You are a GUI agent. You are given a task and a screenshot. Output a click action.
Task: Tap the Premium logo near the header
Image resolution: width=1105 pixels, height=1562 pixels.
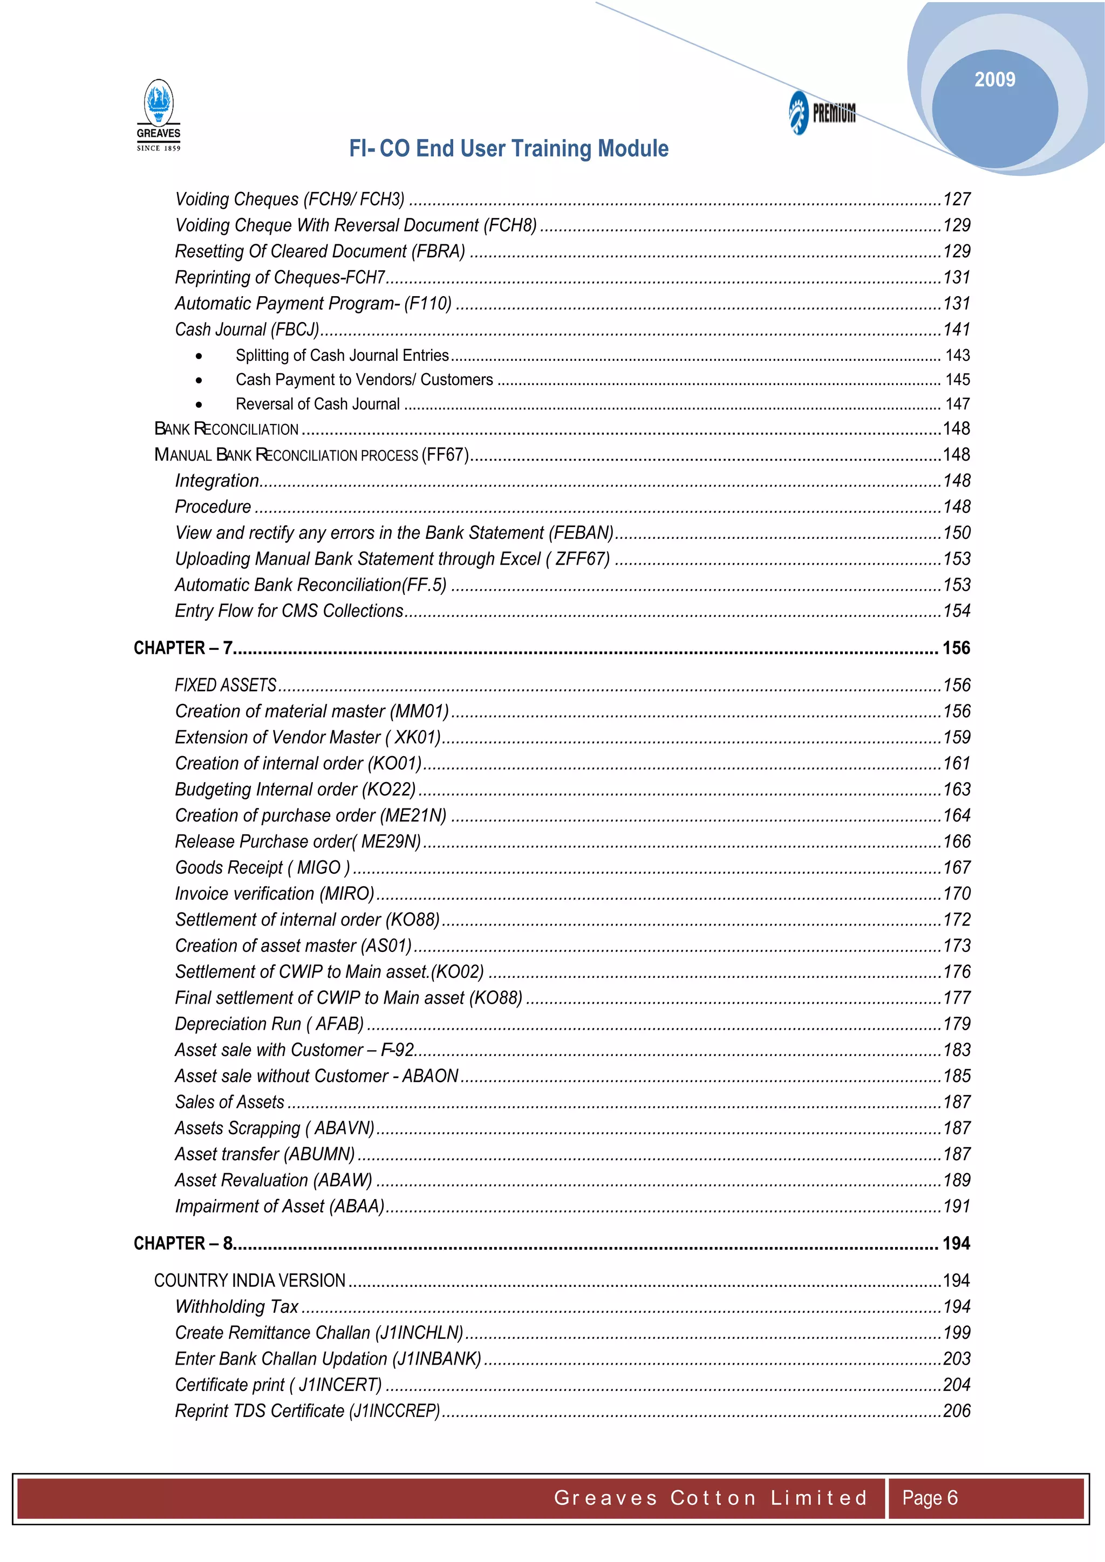point(822,112)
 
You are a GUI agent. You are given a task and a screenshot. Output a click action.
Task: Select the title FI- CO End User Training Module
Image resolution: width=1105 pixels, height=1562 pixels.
point(508,148)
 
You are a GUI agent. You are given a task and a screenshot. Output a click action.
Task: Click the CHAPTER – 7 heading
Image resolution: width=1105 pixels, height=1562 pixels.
point(183,648)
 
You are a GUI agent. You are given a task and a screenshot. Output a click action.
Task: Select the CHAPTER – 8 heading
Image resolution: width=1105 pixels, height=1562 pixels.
point(183,1243)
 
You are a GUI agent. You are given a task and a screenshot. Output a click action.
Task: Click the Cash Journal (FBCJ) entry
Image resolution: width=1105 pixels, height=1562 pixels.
point(247,329)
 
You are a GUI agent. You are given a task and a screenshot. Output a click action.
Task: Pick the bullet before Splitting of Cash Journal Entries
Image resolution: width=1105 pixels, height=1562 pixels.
point(199,356)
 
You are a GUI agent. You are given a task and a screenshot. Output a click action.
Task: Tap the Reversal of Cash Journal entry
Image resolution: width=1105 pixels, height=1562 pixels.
point(317,404)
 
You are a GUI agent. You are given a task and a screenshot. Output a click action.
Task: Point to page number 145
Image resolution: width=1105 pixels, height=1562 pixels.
point(957,380)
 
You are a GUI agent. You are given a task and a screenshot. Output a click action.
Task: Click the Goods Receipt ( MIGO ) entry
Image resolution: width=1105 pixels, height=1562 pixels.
point(262,867)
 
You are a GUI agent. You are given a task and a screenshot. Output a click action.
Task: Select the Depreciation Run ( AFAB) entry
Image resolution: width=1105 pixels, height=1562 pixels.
point(269,1024)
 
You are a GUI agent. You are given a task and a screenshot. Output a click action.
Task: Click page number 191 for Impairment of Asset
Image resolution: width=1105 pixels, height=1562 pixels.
point(956,1206)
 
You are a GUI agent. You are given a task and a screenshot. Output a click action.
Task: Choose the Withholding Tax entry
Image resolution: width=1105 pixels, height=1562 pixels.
point(236,1306)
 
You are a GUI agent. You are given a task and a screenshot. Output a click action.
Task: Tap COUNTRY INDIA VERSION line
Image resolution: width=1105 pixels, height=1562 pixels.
point(250,1280)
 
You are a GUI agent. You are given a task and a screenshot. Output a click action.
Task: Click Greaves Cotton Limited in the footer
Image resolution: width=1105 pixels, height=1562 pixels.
point(711,1497)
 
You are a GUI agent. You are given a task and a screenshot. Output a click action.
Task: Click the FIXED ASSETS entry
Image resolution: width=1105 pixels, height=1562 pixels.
point(225,685)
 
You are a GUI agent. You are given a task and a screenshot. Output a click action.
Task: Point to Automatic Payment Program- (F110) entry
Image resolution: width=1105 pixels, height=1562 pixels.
point(313,304)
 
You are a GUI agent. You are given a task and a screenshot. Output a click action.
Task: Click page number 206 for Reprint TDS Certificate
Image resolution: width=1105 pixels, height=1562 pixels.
point(956,1410)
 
